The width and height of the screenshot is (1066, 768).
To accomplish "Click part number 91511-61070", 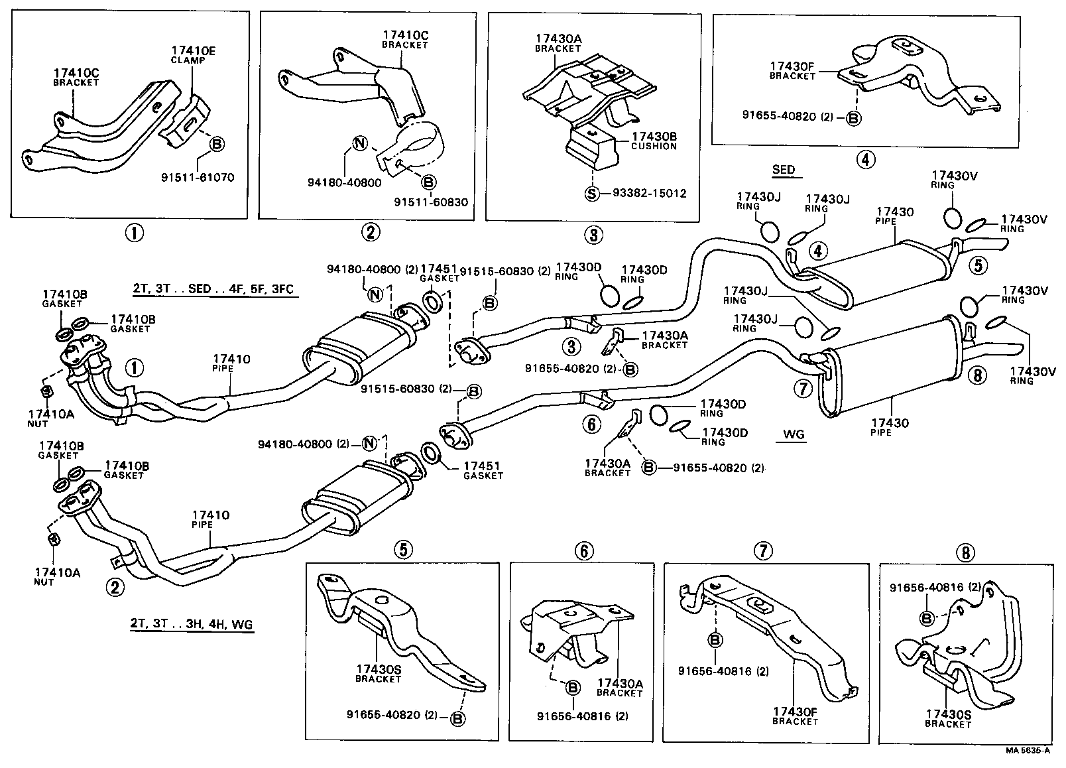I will (x=198, y=178).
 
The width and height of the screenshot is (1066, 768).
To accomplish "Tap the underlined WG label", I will (x=793, y=434).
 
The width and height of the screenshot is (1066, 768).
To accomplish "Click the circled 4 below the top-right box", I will (x=866, y=159).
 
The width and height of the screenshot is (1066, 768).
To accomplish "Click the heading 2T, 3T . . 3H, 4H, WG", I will (x=192, y=624).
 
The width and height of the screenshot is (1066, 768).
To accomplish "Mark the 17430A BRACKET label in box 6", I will (x=619, y=688).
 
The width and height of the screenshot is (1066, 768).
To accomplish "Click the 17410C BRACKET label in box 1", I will (x=76, y=77).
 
